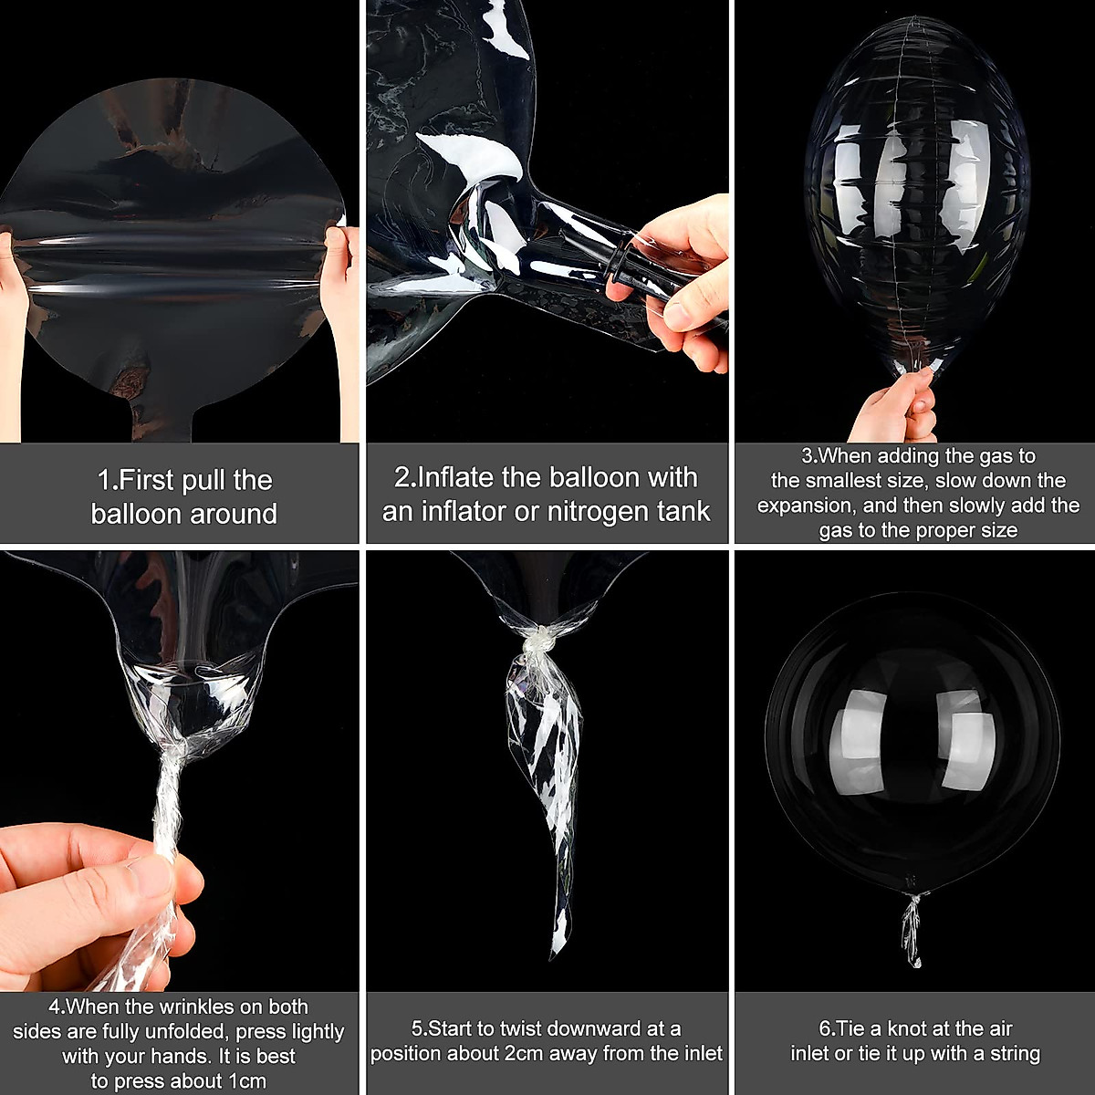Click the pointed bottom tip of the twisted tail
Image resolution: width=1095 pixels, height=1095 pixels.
pyautogui.click(x=554, y=954)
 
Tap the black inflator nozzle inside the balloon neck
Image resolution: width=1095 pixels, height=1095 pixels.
pyautogui.click(x=630, y=265)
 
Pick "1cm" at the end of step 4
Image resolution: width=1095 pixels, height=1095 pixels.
pyautogui.click(x=242, y=1081)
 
